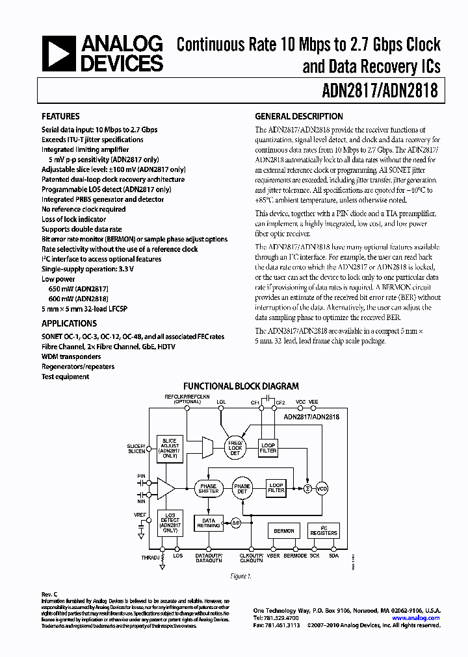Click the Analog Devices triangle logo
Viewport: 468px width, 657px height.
pos(58,54)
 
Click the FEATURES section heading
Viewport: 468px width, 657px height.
pos(61,117)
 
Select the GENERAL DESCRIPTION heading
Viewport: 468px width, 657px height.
pos(299,117)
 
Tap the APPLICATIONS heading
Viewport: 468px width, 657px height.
pos(70,323)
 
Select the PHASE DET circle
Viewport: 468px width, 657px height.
pos(242,489)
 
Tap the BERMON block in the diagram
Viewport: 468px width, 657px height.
pos(283,531)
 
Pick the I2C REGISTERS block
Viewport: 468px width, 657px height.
pos(324,531)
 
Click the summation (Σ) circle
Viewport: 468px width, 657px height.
pos(307,489)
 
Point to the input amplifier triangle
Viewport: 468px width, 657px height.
pos(164,489)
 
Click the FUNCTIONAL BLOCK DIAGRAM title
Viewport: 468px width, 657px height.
pos(241,386)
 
